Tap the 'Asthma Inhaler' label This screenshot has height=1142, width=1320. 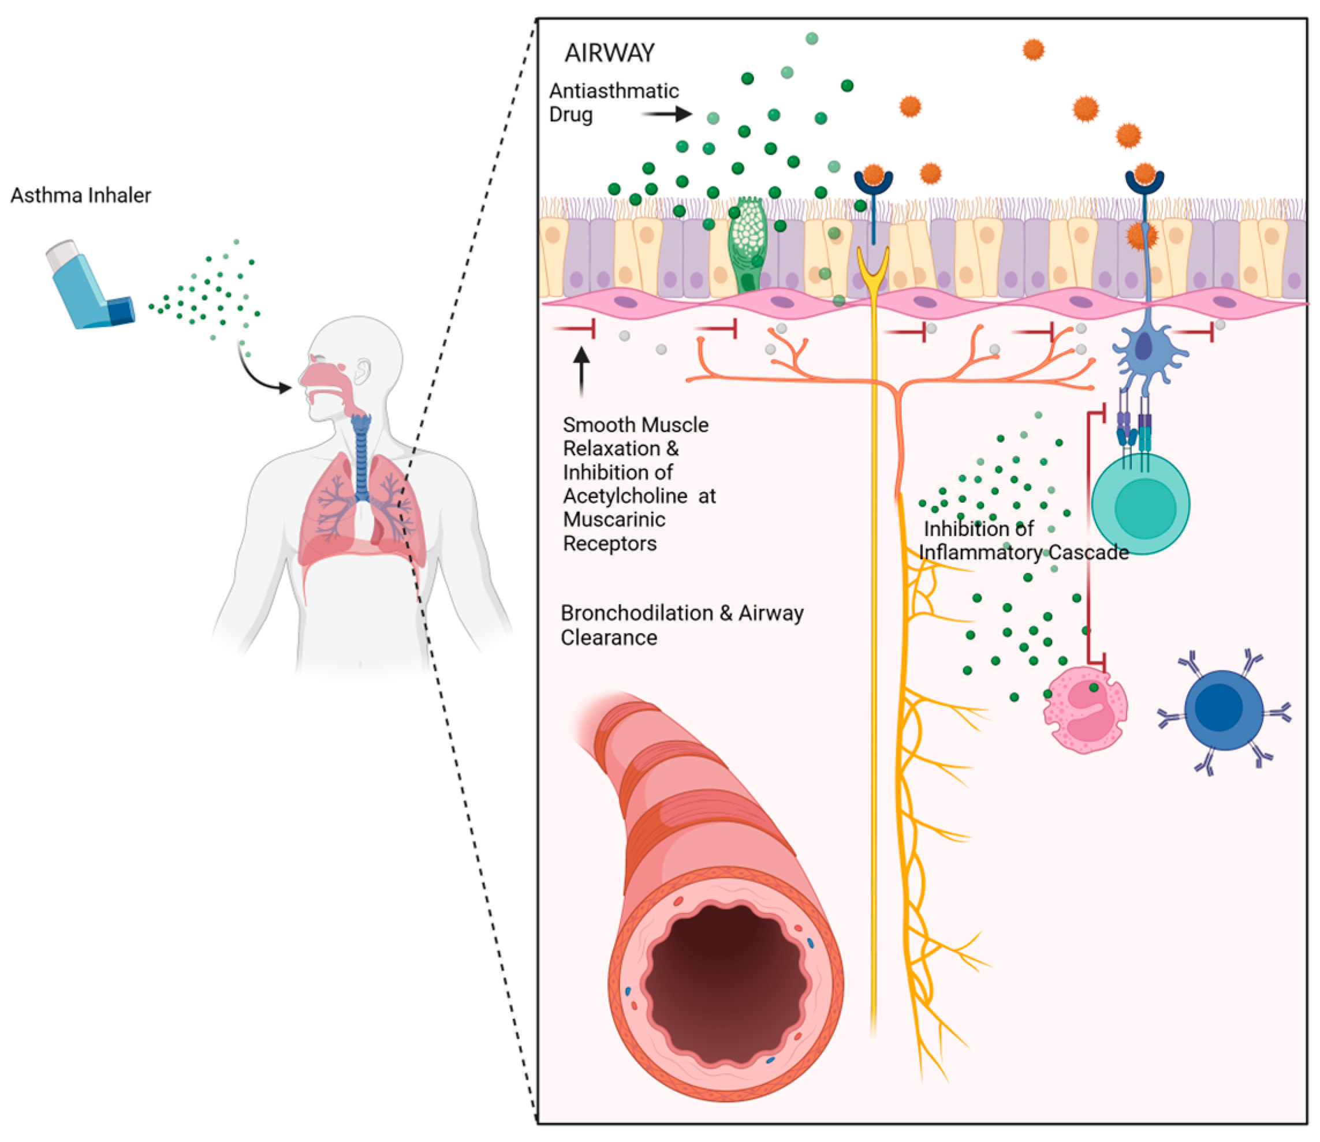click(x=81, y=195)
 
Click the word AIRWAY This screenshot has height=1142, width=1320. click(x=610, y=53)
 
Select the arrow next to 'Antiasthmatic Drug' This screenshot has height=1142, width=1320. click(x=666, y=114)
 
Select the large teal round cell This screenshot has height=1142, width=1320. click(x=1140, y=503)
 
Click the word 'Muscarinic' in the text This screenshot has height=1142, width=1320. click(x=614, y=519)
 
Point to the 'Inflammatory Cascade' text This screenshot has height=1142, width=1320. click(x=1023, y=552)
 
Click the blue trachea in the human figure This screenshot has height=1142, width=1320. click(x=361, y=459)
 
